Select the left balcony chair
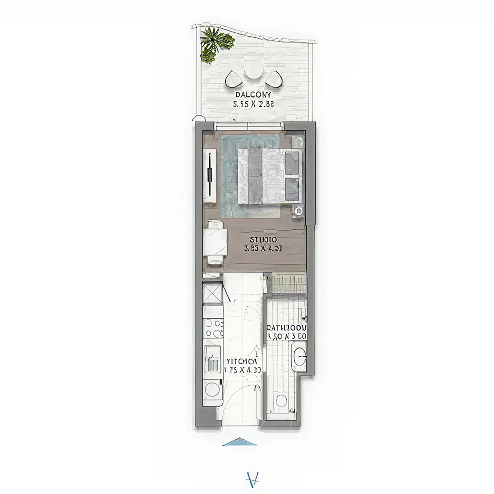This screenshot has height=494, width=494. [235, 79]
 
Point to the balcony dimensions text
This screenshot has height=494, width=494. [254, 105]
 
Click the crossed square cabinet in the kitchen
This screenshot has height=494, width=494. [213, 293]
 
